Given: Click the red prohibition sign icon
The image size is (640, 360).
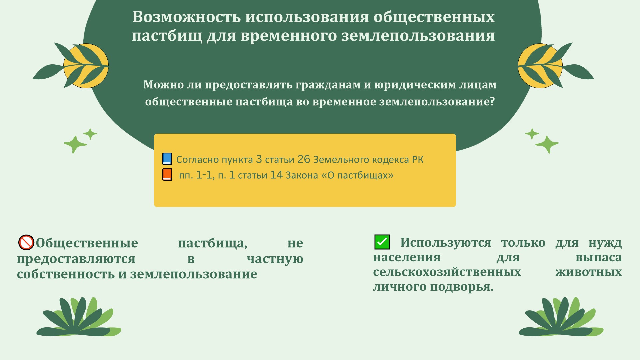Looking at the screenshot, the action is click(x=26, y=242).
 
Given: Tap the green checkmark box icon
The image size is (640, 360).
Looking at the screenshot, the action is click(x=382, y=242).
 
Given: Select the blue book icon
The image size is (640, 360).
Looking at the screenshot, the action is click(x=167, y=159).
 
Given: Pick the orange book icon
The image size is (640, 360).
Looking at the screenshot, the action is click(x=167, y=175).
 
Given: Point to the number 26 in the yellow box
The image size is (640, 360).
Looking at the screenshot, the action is click(x=304, y=159).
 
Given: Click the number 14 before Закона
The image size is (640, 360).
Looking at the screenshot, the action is click(x=276, y=175).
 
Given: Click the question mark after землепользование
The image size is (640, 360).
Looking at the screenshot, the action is click(x=492, y=101).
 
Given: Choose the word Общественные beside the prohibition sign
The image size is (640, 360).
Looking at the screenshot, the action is click(x=87, y=243).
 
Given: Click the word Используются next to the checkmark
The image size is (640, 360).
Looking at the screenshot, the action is click(x=446, y=243).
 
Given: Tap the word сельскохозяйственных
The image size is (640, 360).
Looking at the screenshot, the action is click(x=447, y=272).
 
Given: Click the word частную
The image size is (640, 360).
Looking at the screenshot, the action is click(x=275, y=259).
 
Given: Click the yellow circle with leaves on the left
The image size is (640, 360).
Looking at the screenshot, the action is click(x=86, y=66).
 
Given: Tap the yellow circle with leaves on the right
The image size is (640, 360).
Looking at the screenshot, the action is click(x=540, y=66).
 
